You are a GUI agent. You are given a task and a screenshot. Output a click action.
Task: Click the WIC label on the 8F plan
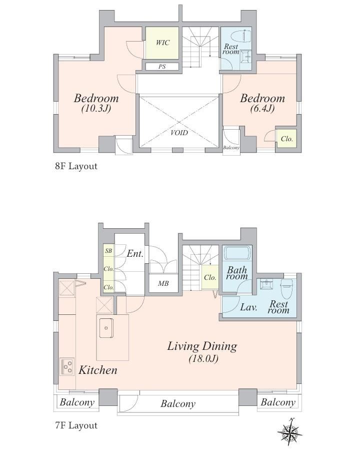click(162, 43)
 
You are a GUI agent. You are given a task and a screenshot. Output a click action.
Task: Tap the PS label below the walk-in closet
click(162, 67)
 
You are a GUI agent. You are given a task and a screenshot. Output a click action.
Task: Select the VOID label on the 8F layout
click(179, 133)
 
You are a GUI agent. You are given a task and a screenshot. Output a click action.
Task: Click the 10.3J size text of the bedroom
click(96, 109)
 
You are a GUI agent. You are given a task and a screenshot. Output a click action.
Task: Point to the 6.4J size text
click(262, 109)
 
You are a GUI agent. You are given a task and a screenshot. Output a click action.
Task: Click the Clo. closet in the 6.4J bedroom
click(286, 139)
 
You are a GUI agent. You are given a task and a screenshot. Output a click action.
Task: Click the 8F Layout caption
click(76, 166)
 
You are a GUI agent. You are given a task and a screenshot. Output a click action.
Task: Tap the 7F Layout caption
click(76, 425)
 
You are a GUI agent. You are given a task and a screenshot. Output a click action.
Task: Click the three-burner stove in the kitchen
click(67, 366)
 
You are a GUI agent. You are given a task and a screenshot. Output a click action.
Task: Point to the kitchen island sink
click(106, 328)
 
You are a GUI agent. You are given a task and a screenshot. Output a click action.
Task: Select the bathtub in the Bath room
click(237, 253)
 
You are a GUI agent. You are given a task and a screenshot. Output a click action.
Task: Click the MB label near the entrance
click(163, 283)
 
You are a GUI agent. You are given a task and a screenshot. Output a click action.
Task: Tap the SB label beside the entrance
click(108, 251)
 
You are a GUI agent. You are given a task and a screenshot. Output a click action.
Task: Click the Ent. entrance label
click(134, 253)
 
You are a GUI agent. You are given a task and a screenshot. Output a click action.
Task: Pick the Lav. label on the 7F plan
click(248, 307)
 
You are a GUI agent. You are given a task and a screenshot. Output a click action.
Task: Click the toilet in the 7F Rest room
click(286, 289)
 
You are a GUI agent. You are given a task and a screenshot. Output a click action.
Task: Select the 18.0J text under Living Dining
click(204, 359)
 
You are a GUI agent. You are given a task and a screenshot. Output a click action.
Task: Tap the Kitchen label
click(98, 370)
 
